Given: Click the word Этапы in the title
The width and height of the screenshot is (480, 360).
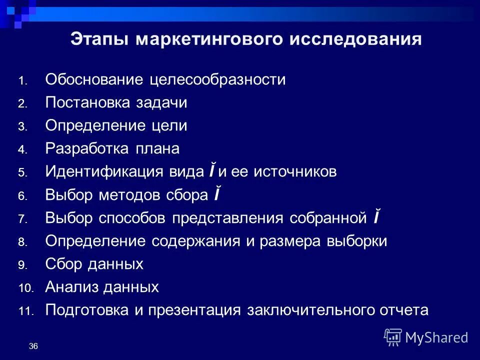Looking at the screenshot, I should point(99,39).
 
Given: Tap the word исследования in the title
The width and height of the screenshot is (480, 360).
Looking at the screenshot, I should point(355,39).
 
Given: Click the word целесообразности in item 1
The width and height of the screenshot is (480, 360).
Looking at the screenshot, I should point(217,80).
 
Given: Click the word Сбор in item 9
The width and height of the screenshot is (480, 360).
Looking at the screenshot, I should point(62,264).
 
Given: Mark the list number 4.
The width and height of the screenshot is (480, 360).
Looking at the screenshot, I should point(23,150).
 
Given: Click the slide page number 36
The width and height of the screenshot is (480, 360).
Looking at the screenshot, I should point(33,346).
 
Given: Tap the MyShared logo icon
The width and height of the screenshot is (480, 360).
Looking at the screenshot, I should point(392,337).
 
